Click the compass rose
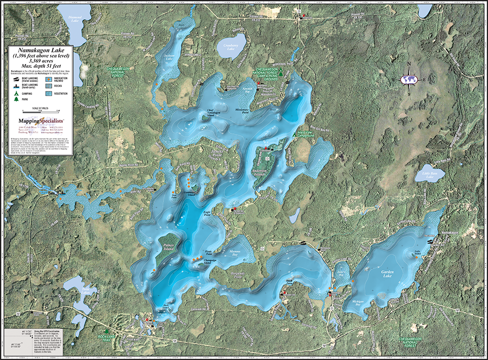(x=409, y=79)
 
